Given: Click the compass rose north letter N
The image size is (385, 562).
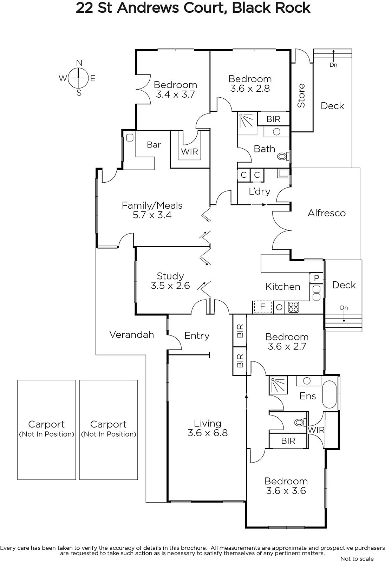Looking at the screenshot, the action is pyautogui.click(x=79, y=63).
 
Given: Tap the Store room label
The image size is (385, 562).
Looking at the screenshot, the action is pyautogui.click(x=301, y=96).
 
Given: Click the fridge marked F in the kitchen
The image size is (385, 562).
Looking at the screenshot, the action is pyautogui.click(x=263, y=307).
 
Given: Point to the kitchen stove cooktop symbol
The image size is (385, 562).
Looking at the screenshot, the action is pyautogui.click(x=293, y=307).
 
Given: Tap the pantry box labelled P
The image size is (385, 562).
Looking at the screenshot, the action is pyautogui.click(x=317, y=278).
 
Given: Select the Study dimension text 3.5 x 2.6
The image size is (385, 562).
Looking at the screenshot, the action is pyautogui.click(x=170, y=286).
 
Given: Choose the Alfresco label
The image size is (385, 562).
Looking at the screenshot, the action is pyautogui.click(x=327, y=213).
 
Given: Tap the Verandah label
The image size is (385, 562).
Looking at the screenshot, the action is pyautogui.click(x=131, y=334).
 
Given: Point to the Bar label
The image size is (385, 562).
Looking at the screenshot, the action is pyautogui.click(x=154, y=144).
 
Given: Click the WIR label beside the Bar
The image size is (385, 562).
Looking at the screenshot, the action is pyautogui.click(x=189, y=151).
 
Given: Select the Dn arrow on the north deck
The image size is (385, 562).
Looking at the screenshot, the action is pyautogui.click(x=333, y=54).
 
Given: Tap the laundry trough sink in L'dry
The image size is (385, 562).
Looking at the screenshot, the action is pyautogui.click(x=283, y=174).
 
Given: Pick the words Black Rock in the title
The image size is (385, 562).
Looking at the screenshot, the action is pyautogui.click(x=271, y=8).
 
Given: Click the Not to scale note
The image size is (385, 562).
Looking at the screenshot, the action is pyautogui.click(x=357, y=558).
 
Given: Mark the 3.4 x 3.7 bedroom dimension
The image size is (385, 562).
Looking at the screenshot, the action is pyautogui.click(x=175, y=94).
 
